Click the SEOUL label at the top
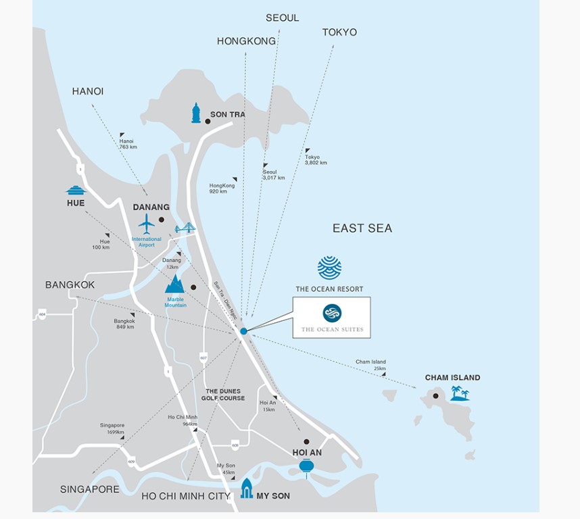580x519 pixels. click(282, 18)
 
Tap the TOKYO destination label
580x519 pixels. click(339, 32)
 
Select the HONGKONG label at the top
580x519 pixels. click(246, 41)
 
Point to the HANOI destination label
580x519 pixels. click(88, 91)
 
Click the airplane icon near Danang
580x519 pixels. click(147, 223)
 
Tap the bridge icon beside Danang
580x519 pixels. click(185, 228)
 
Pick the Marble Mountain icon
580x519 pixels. click(175, 284)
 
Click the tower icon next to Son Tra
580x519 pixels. click(196, 113)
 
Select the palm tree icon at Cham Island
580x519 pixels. click(460, 393)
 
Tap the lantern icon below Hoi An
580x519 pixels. click(306, 467)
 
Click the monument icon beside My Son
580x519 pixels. click(247, 488)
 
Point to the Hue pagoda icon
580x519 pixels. click(76, 190)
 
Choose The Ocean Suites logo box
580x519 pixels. click(332, 318)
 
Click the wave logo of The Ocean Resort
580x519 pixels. click(329, 268)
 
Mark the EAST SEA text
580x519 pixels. click(362, 228)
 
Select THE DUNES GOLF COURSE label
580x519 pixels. click(223, 395)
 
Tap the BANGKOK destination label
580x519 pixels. click(70, 285)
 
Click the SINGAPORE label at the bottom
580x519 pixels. click(90, 489)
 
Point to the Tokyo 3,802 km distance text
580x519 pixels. click(316, 160)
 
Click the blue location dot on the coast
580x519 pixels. click(243, 331)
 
